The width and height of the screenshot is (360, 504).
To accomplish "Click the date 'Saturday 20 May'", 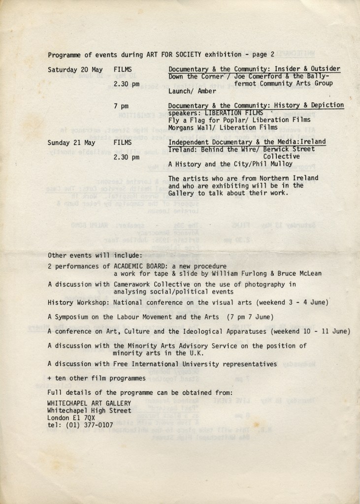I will pyautogui.click(x=75, y=69).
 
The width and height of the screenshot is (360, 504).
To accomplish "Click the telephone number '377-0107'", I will pyautogui.click(x=98, y=425).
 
